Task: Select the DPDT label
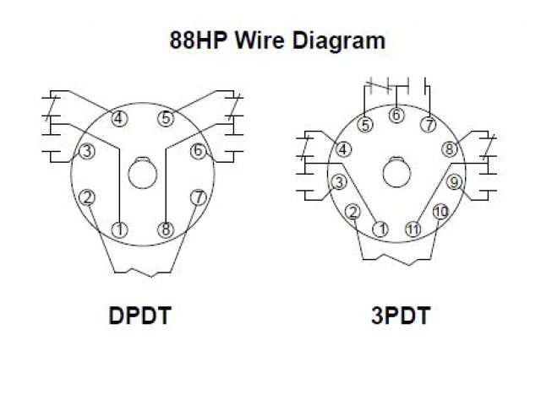139,316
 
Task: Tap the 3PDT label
400,316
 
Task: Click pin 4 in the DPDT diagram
119,118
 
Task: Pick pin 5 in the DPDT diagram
166,118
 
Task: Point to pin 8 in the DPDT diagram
166,229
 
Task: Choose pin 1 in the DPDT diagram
119,229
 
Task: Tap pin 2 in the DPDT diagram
86,197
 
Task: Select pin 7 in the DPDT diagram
198,197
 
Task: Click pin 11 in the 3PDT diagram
413,229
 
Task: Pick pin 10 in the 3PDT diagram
440,212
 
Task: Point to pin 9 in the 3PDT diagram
454,181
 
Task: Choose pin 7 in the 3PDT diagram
429,125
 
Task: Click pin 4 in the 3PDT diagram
343,149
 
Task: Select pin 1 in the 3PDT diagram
381,229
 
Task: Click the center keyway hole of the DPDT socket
142,175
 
